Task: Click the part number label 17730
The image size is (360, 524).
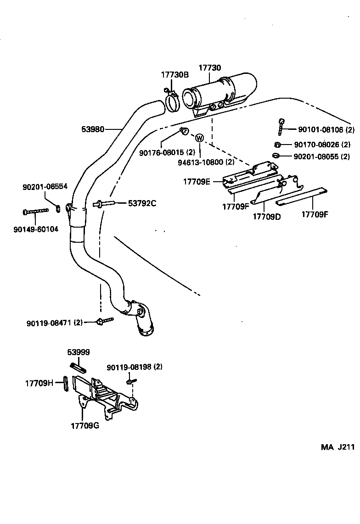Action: point(210,68)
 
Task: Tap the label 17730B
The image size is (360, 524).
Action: point(174,74)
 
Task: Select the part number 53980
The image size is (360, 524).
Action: point(93,130)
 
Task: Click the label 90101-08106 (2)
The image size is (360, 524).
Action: point(326,130)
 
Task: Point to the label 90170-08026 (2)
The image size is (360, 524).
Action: point(322,145)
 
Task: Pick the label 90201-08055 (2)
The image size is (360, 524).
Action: point(322,156)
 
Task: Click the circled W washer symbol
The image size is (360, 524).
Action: point(200,138)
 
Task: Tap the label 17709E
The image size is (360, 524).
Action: point(197,182)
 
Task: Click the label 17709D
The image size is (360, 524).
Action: point(266,216)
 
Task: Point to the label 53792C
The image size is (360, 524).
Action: point(142,203)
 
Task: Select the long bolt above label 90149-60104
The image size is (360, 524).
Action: point(35,212)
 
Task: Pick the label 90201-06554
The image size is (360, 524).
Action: point(45,187)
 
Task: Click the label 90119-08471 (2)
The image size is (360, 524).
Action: point(54,323)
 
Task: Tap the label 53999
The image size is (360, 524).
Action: point(79,352)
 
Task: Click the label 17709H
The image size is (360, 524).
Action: point(39,382)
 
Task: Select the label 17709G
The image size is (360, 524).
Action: point(85,425)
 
